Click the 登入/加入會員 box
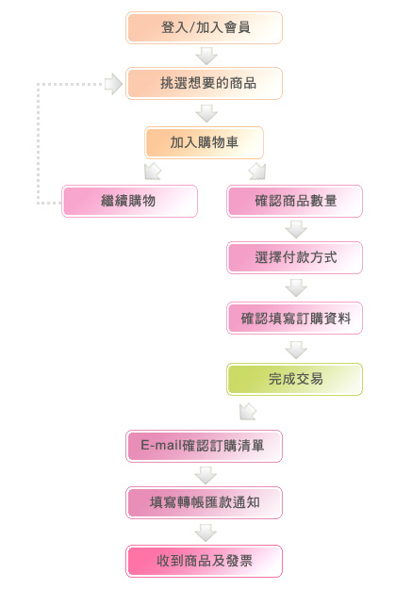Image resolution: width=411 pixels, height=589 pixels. [x=204, y=27]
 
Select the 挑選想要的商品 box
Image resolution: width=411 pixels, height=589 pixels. [x=204, y=83]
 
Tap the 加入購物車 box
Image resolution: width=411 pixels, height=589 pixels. [x=204, y=142]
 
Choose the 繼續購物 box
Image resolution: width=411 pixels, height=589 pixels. [x=129, y=201]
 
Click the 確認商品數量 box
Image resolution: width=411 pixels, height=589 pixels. [x=294, y=201]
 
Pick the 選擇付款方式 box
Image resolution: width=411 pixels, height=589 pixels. [x=294, y=257]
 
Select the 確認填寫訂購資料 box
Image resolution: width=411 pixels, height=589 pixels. [x=294, y=319]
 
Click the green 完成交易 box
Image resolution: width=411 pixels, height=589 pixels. [x=294, y=379]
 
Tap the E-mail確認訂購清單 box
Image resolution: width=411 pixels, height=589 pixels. [x=204, y=447]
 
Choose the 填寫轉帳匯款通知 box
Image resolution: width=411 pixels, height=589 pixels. [x=204, y=502]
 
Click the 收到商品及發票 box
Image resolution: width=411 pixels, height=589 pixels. [x=204, y=562]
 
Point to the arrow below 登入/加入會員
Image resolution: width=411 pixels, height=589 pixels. [x=206, y=56]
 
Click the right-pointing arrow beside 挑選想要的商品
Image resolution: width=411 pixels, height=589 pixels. [x=113, y=84]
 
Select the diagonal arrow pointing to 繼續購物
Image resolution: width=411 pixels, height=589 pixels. [x=153, y=172]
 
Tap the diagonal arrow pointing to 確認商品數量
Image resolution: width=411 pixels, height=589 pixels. [x=257, y=172]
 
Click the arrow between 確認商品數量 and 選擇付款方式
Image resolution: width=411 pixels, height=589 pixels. [x=296, y=229]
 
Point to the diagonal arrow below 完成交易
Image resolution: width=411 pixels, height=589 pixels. [x=248, y=412]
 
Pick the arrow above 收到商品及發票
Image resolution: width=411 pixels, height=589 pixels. [x=205, y=533]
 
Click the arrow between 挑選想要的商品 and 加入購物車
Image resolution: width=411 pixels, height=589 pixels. [x=206, y=113]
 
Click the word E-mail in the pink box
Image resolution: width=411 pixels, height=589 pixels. [x=161, y=446]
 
